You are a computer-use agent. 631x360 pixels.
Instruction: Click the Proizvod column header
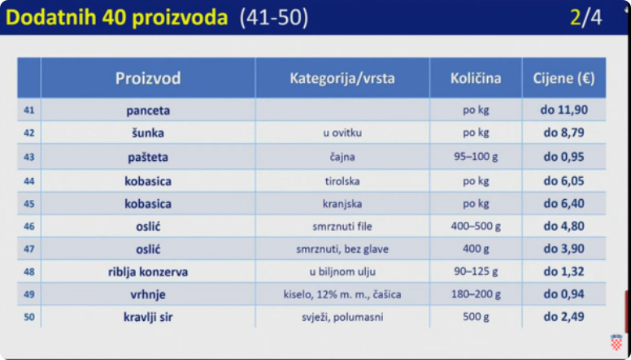click(x=148, y=78)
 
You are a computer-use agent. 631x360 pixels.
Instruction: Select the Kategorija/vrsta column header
click(x=342, y=78)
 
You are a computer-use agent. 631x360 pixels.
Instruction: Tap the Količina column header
click(x=476, y=78)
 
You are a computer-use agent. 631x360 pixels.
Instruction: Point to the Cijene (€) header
click(x=564, y=78)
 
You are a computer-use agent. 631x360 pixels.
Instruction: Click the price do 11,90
click(x=564, y=110)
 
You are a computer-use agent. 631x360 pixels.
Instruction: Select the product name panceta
click(x=148, y=111)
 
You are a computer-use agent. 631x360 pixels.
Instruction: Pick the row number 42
click(x=29, y=132)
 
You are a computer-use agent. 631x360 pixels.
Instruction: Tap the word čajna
click(x=342, y=157)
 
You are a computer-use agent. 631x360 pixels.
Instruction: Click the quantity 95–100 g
click(x=476, y=157)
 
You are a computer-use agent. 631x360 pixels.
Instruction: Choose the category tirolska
click(x=342, y=181)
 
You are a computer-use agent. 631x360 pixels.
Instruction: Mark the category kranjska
click(x=342, y=204)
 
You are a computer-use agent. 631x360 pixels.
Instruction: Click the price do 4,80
click(x=564, y=226)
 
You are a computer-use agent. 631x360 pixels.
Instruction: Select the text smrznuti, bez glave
click(x=342, y=249)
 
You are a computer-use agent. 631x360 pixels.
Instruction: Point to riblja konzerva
click(x=148, y=272)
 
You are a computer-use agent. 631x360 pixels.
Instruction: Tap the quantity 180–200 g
click(x=476, y=294)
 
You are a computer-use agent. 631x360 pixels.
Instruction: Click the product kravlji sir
click(x=148, y=318)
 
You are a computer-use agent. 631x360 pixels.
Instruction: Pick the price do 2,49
click(x=564, y=317)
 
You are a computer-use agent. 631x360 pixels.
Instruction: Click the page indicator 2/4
click(x=586, y=18)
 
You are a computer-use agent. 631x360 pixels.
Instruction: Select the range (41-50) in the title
click(x=274, y=18)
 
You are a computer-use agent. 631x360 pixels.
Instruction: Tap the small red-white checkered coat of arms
click(x=616, y=341)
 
